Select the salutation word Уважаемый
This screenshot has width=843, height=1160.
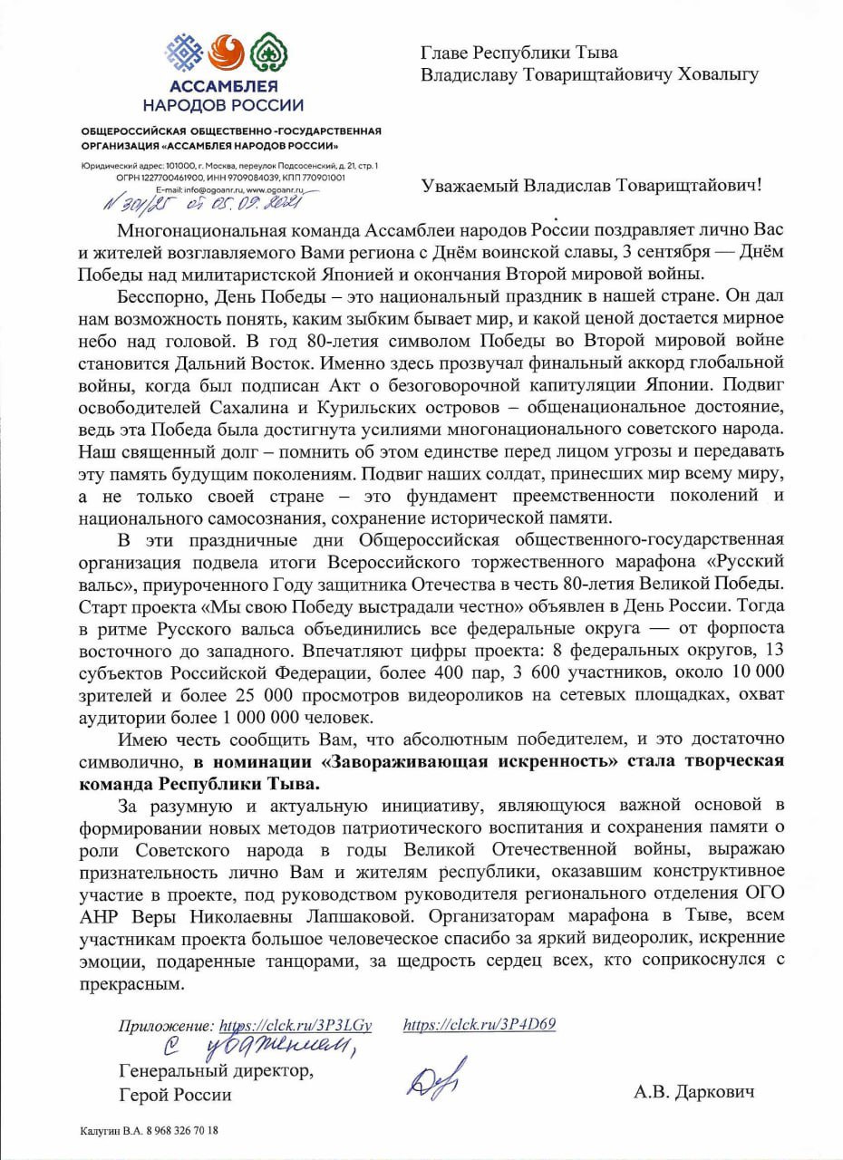pyautogui.click(x=470, y=186)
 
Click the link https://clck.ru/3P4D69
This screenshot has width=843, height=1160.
pyautogui.click(x=479, y=1025)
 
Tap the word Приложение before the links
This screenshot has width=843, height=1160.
pyautogui.click(x=167, y=1027)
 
